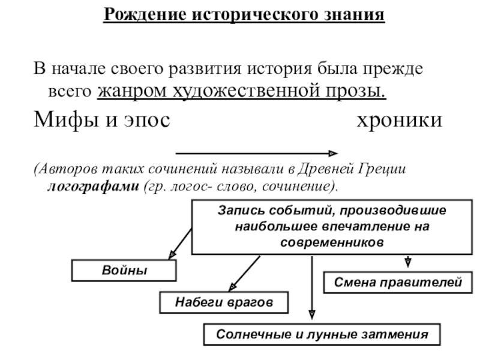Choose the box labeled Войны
[124, 271]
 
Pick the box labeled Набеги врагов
[223, 302]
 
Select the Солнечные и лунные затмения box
[322, 335]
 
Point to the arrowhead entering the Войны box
[171, 256]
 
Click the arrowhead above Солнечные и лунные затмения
[311, 314]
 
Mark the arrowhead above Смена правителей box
[408, 262]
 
